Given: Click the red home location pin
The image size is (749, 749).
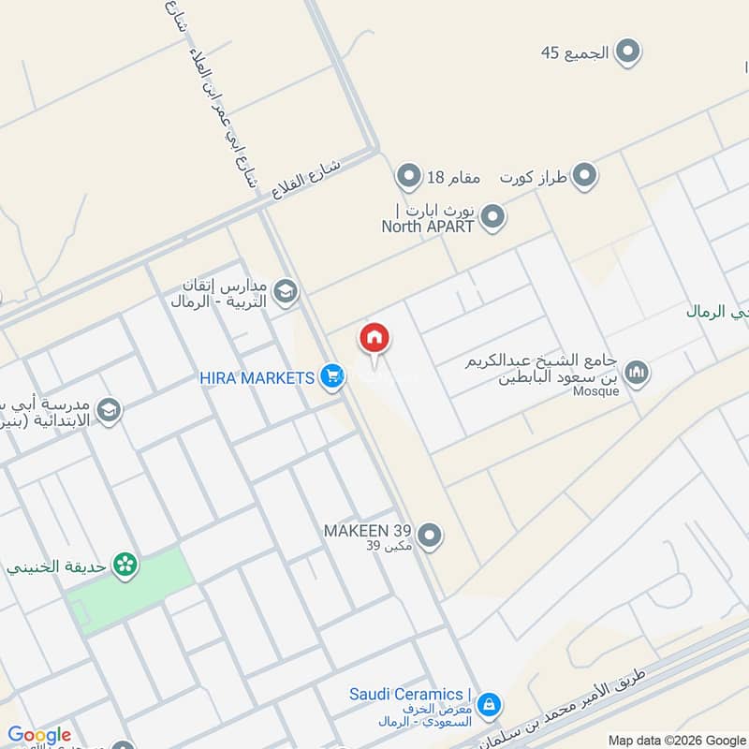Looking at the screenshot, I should tap(374, 340).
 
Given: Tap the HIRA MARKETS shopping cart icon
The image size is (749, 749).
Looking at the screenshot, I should tap(330, 377).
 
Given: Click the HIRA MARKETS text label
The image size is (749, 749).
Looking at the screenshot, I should tap(257, 377).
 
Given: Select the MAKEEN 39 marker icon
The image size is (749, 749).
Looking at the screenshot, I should tap(430, 536).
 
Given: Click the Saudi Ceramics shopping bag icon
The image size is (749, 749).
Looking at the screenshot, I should tap(488, 703).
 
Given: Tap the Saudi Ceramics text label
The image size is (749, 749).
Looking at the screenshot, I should tap(406, 694).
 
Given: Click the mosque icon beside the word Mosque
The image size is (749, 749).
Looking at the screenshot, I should tap(639, 373).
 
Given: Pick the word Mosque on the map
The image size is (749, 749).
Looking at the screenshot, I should tap(595, 391).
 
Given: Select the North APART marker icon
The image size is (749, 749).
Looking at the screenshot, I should tap(492, 218).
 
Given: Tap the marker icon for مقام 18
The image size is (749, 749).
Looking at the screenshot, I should tap(408, 175).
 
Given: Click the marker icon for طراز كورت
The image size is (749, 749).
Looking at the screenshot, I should tap(584, 175).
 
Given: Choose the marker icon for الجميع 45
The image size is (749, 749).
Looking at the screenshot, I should tap(627, 51).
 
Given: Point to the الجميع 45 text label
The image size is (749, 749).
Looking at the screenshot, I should tap(575, 52).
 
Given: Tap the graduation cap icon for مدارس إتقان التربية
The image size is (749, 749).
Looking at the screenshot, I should tap(286, 291).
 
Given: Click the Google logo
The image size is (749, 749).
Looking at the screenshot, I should tap(39, 735).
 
